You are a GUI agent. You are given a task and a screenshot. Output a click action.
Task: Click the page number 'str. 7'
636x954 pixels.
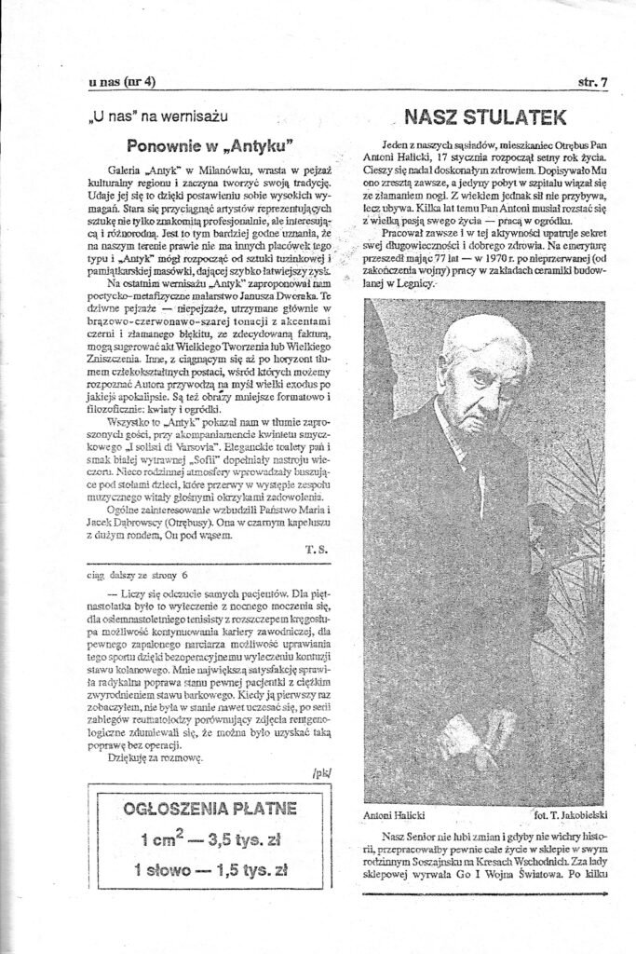591,82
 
